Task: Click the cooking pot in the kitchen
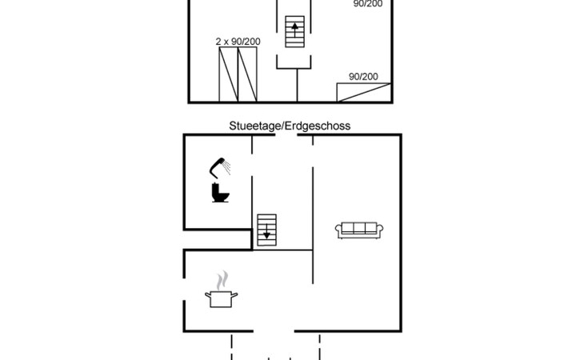point(222,298)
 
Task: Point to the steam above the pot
point(222,280)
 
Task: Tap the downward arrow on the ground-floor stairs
point(266,234)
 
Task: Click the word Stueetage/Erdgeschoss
point(290,126)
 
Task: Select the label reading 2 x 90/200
point(238,41)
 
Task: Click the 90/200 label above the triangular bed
point(363,77)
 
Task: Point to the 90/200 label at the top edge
point(369,4)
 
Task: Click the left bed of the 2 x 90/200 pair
point(229,74)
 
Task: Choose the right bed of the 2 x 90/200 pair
point(247,74)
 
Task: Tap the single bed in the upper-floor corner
point(363,92)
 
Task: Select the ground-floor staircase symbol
point(266,230)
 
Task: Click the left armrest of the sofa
point(338,230)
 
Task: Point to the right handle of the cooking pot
point(237,294)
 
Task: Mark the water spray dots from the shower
point(229,167)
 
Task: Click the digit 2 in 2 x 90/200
point(218,41)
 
